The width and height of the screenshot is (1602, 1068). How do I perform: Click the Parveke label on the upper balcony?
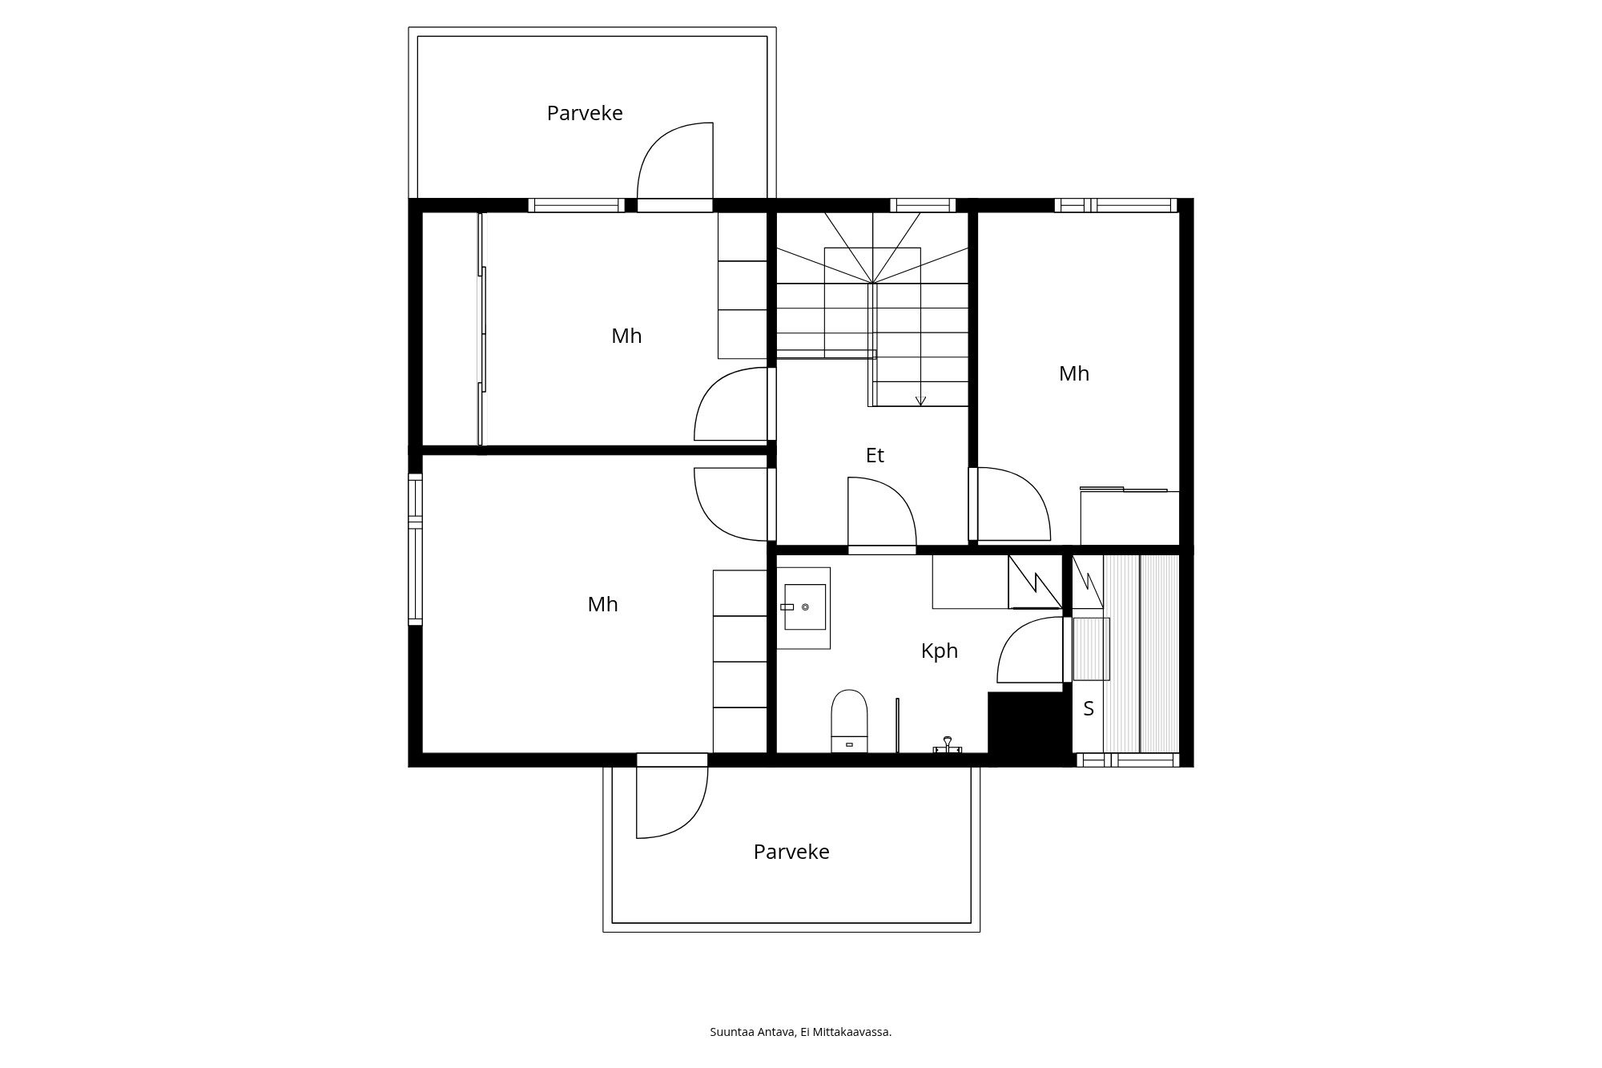[585, 113]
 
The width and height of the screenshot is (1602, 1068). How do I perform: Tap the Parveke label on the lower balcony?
[791, 852]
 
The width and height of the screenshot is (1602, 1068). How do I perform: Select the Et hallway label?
[875, 455]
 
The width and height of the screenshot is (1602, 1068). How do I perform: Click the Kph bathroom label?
[940, 651]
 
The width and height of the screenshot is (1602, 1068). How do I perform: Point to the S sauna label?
[1089, 708]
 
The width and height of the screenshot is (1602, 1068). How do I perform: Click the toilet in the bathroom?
[850, 721]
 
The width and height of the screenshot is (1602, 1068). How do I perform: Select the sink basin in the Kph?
[804, 607]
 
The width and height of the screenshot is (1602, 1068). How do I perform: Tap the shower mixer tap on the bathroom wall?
[948, 745]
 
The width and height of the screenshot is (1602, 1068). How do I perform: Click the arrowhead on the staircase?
[920, 401]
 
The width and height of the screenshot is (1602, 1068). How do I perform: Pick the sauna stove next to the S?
[1091, 649]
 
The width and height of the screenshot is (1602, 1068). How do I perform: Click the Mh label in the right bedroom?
[1074, 373]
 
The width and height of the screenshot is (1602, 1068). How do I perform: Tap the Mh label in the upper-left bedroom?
[626, 336]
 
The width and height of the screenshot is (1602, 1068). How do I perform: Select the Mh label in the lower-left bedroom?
[602, 604]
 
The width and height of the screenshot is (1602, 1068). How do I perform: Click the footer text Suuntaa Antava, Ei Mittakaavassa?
[801, 1032]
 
